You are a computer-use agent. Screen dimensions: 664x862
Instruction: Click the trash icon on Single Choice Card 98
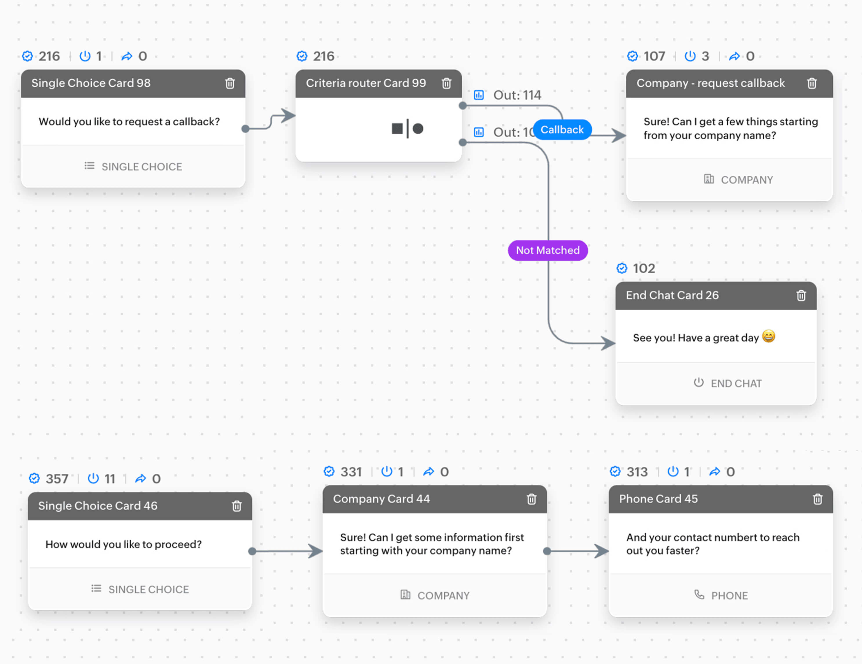pyautogui.click(x=230, y=83)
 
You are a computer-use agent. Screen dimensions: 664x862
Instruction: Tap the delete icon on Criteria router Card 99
pyautogui.click(x=446, y=83)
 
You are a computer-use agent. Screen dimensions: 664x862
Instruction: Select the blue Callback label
pyautogui.click(x=562, y=130)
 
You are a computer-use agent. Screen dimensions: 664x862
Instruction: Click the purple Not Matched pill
pyautogui.click(x=548, y=250)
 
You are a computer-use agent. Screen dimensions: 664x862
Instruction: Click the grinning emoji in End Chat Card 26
pyautogui.click(x=768, y=337)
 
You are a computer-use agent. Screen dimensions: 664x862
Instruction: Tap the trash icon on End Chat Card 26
pyautogui.click(x=801, y=295)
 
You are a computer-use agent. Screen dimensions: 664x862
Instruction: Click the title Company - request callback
pyautogui.click(x=710, y=83)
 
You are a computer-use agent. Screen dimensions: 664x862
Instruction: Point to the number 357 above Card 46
pyautogui.click(x=57, y=479)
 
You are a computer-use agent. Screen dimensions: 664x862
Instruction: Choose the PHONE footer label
pyautogui.click(x=729, y=596)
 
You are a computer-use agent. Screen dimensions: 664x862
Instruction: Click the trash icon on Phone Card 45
pyautogui.click(x=817, y=499)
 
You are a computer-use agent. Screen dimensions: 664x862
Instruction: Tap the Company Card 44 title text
pyautogui.click(x=381, y=499)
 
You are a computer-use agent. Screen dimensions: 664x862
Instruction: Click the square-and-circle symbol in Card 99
pyautogui.click(x=407, y=129)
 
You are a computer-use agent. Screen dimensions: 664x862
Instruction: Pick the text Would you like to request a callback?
pyautogui.click(x=129, y=121)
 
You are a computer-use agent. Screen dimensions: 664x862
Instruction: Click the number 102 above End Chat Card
pyautogui.click(x=644, y=269)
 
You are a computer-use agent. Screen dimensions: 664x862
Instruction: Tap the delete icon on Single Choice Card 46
pyautogui.click(x=237, y=506)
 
